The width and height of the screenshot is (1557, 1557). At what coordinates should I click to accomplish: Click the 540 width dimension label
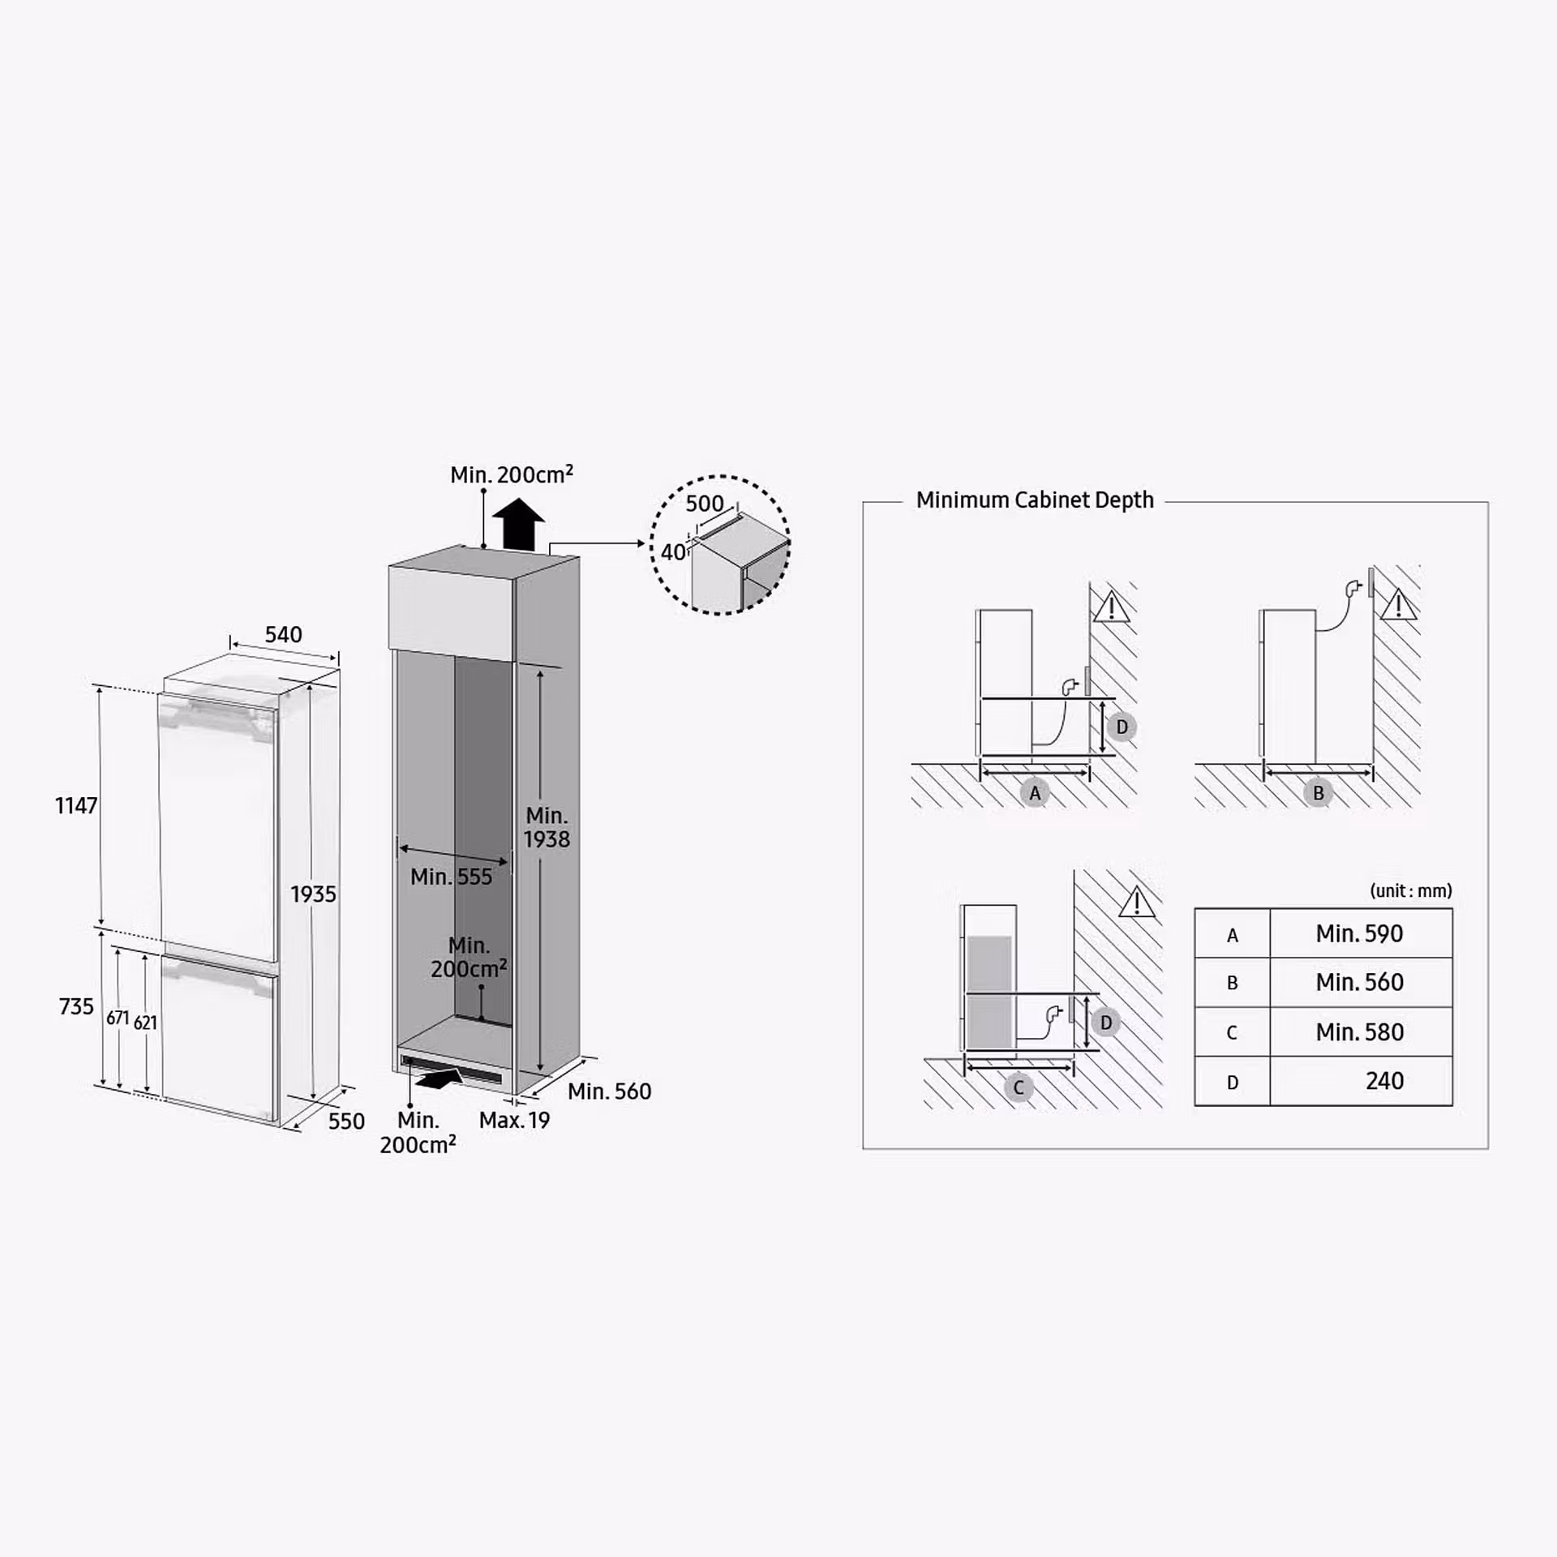coord(284,634)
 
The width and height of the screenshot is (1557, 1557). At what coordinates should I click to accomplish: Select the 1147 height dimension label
coord(76,805)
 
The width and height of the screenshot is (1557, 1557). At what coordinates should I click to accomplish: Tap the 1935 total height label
coord(313,894)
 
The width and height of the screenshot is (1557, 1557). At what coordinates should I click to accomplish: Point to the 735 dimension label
coord(76,1006)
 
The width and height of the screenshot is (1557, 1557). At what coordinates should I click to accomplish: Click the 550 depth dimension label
coord(346,1121)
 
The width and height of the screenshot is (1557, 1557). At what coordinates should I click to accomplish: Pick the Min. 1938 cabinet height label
coord(547,827)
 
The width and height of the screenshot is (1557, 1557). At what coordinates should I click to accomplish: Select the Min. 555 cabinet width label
coord(452,877)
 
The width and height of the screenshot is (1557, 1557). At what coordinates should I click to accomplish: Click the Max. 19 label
coord(514,1120)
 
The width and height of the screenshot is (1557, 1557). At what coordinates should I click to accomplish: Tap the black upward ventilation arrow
coord(519,525)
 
